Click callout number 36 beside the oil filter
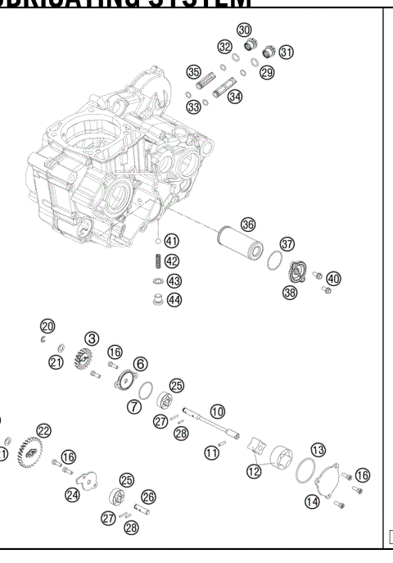[x=248, y=223]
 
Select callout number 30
[x=244, y=30]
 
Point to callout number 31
[x=286, y=52]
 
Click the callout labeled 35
[x=193, y=72]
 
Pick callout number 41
[x=171, y=241]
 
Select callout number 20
[x=48, y=326]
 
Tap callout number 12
[x=254, y=470]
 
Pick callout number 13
[x=318, y=449]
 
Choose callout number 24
[x=73, y=494]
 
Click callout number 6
[x=140, y=363]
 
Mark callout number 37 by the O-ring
[x=287, y=243]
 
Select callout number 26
[x=148, y=496]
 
